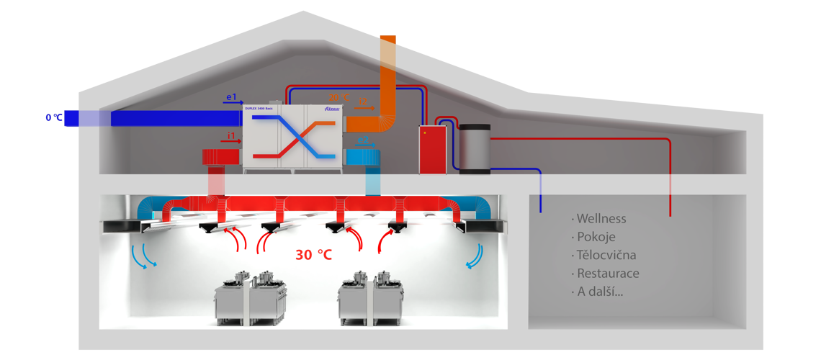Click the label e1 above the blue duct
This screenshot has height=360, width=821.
(x=231, y=96)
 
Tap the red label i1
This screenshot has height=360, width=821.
(x=231, y=135)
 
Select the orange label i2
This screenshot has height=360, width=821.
(x=364, y=102)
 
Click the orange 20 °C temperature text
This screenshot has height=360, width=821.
(x=339, y=97)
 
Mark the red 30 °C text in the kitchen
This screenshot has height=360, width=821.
(x=313, y=255)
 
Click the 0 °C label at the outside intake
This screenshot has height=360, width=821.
(x=53, y=117)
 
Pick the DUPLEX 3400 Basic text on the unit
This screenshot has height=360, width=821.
(x=263, y=108)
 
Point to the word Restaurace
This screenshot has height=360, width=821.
(x=608, y=274)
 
